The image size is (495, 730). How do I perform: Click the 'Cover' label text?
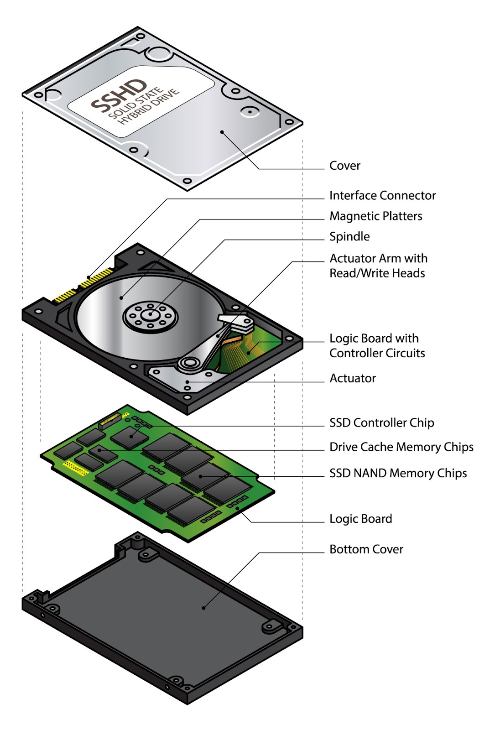point(344,166)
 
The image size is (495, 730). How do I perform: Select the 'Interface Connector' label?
point(382,196)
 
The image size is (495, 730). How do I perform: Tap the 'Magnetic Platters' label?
point(375,216)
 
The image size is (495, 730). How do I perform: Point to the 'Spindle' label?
point(349,237)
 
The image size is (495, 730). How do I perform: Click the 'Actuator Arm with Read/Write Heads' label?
point(378,266)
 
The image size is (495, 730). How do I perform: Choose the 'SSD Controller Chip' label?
point(381,423)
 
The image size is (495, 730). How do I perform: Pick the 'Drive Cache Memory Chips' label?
point(401,447)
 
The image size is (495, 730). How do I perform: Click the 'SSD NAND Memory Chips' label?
point(398,474)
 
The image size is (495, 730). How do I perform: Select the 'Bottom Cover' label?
point(366,549)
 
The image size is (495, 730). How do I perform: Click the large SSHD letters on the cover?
point(119,96)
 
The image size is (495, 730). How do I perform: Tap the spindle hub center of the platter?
point(150,314)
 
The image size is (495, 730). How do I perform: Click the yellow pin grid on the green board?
point(75,468)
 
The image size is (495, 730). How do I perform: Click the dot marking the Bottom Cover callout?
point(203,608)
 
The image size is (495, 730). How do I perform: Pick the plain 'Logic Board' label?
point(360,519)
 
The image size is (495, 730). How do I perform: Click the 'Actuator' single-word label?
point(352,379)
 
